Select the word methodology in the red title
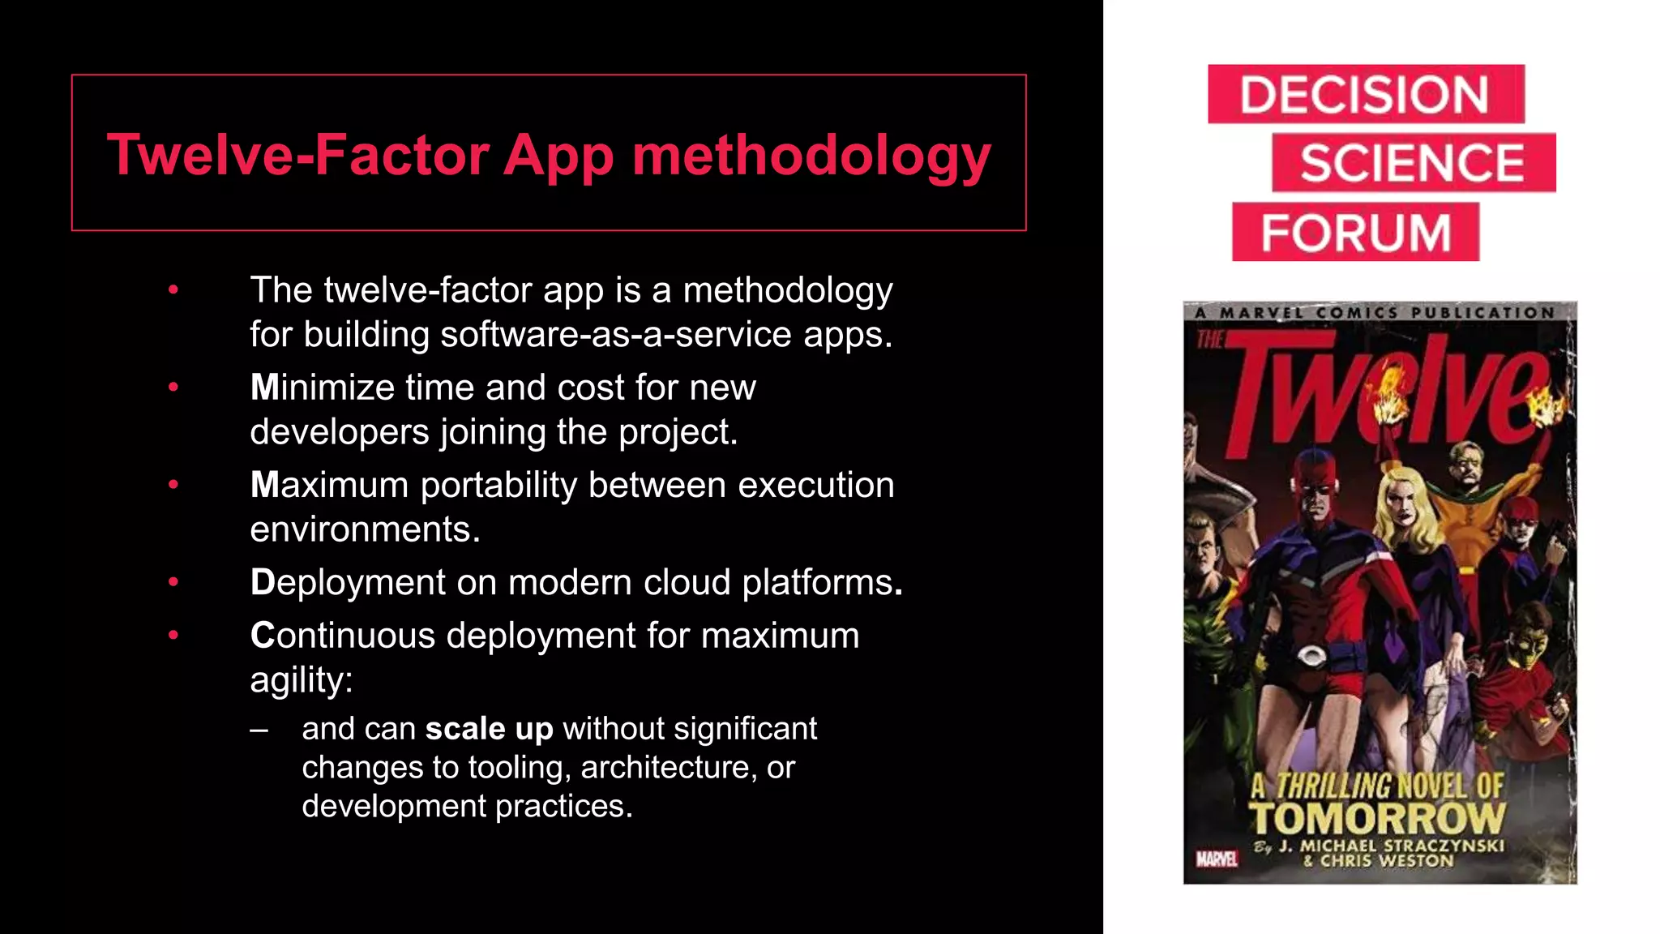click(811, 156)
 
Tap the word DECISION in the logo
click(1364, 95)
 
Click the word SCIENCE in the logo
click(1412, 163)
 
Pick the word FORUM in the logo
click(1355, 233)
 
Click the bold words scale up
click(489, 729)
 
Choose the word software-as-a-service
click(615, 334)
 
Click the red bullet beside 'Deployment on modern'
click(173, 582)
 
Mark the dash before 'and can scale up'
click(259, 730)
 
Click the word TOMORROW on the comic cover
click(1376, 819)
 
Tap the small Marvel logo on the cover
click(1217, 859)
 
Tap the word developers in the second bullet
click(339, 432)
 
